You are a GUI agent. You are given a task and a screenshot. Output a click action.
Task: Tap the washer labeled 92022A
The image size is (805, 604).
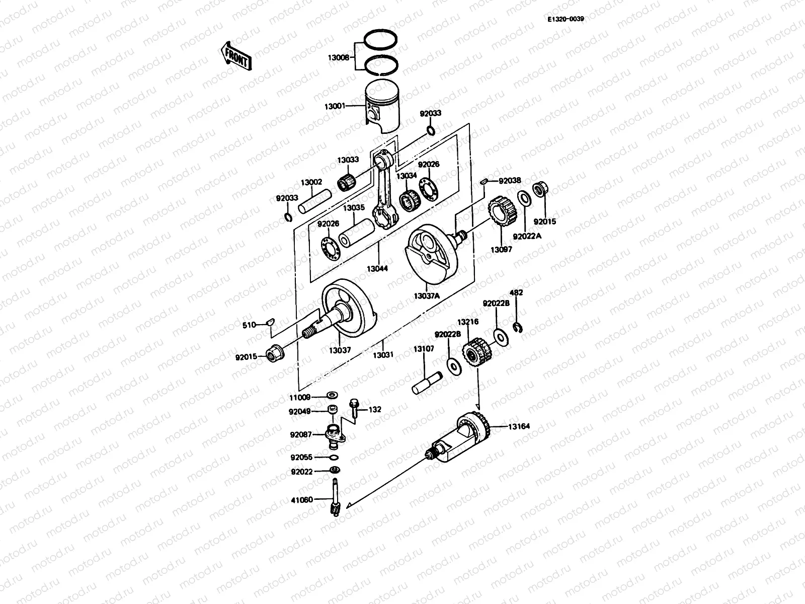click(x=522, y=199)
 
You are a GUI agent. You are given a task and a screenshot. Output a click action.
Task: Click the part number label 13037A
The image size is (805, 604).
click(x=427, y=296)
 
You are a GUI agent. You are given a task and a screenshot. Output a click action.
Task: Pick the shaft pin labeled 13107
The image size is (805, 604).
click(x=427, y=383)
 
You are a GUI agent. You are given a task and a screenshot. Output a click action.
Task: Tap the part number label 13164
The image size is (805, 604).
click(x=518, y=426)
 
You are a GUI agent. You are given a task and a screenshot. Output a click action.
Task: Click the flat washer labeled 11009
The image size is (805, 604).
click(x=333, y=394)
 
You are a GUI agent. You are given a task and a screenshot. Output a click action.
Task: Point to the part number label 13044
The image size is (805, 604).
click(x=377, y=269)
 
